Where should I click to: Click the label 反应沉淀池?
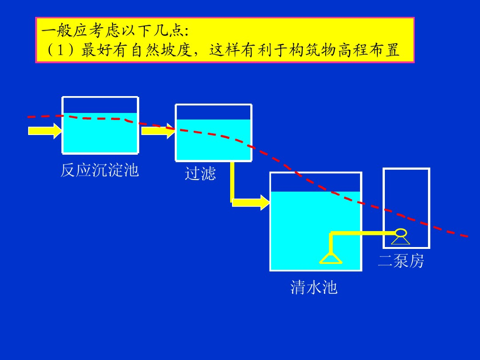[99, 170]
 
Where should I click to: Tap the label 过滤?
[200, 173]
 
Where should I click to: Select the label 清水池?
[314, 287]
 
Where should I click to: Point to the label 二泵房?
[401, 261]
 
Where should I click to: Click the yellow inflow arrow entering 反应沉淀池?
[45, 130]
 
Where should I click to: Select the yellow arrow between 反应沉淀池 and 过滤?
[158, 131]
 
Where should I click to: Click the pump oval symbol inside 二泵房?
[401, 232]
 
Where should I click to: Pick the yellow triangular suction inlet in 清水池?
[331, 258]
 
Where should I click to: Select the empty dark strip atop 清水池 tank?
[315, 182]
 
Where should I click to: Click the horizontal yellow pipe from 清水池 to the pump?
[363, 233]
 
